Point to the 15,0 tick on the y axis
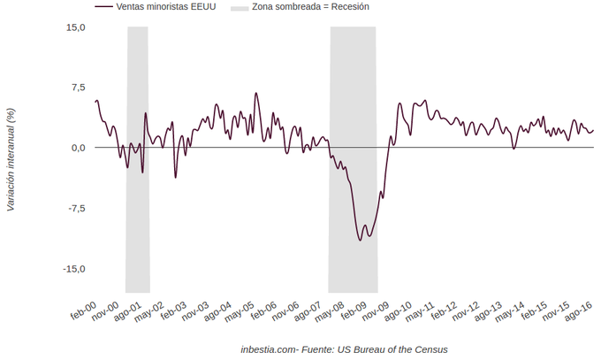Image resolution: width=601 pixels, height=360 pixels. coord(76,27)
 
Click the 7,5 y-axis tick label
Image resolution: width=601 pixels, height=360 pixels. coord(78,88)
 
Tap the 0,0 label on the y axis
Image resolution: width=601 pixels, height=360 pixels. coord(78,148)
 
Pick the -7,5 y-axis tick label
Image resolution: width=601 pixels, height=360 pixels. coord(76,209)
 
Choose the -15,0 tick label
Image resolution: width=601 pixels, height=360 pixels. coord(74,269)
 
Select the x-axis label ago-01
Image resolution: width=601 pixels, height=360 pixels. coord(130,312)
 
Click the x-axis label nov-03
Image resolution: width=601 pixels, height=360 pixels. coord(197,312)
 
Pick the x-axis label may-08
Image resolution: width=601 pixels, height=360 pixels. coord(331,312)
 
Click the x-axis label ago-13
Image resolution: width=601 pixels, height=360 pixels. coord(488,312)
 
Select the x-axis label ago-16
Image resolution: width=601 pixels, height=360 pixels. coord(579,312)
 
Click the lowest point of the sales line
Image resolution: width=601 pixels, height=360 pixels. coord(360,240)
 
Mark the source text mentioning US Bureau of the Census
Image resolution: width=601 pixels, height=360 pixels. coord(344,349)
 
